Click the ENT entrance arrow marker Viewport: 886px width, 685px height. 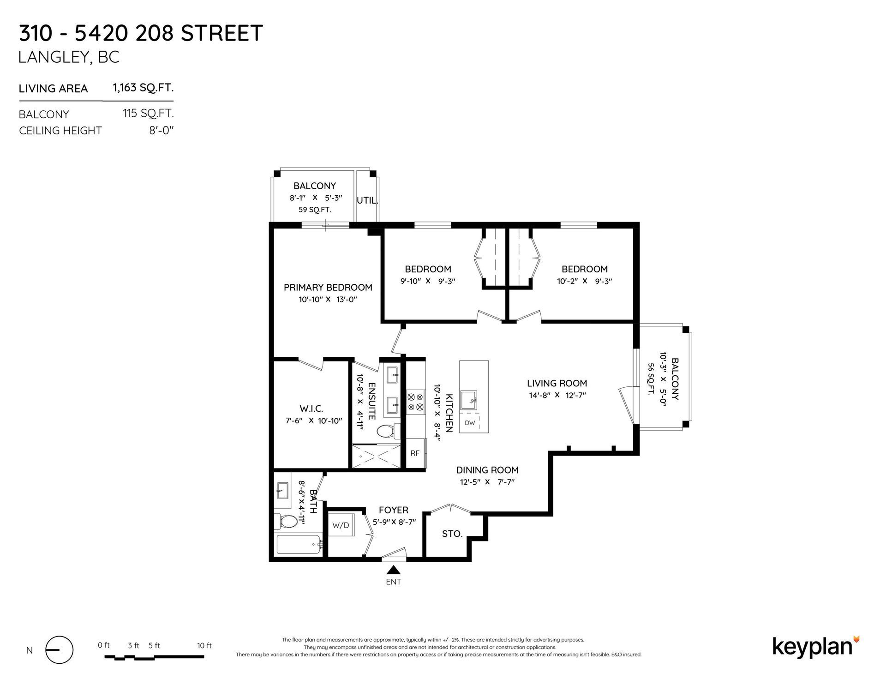click(x=394, y=570)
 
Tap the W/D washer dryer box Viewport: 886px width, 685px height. click(x=341, y=525)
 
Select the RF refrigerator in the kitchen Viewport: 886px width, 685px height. click(x=415, y=453)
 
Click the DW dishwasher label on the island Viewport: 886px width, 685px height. click(x=470, y=423)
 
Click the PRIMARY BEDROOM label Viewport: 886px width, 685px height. click(x=328, y=288)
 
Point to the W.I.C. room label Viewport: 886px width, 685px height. click(x=311, y=409)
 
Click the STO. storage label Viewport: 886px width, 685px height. click(x=452, y=534)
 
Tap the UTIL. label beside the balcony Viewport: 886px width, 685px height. click(x=368, y=201)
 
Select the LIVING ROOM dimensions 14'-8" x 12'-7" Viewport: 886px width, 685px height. click(x=557, y=395)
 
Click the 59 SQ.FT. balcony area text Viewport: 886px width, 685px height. click(x=315, y=210)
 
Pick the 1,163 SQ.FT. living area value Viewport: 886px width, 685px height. click(x=143, y=87)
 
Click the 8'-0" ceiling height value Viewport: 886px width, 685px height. click(x=161, y=131)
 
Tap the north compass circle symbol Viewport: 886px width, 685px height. click(x=59, y=650)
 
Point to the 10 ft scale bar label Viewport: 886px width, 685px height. click(x=204, y=645)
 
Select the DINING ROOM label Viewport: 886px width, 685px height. click(x=487, y=470)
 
